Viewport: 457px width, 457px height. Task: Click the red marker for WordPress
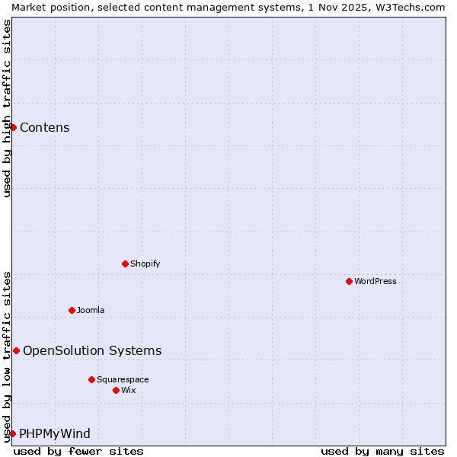click(x=349, y=281)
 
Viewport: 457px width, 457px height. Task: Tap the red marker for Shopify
click(x=125, y=264)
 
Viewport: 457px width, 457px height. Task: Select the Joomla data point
click(x=72, y=310)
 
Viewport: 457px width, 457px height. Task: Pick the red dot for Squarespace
click(x=91, y=379)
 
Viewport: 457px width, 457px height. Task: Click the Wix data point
click(x=116, y=390)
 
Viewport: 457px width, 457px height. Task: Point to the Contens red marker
click(x=13, y=127)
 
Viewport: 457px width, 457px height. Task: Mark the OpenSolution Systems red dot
click(x=16, y=350)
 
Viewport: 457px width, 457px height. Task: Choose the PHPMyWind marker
click(x=12, y=433)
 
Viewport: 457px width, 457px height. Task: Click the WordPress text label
click(x=376, y=281)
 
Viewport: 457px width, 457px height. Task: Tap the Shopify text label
click(x=145, y=264)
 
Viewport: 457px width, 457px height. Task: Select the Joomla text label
click(x=91, y=310)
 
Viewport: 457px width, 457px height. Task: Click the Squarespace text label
click(x=123, y=379)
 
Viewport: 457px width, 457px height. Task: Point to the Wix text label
click(x=129, y=390)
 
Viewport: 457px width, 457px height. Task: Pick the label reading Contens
click(x=45, y=127)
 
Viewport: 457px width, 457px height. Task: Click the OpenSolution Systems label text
click(x=92, y=350)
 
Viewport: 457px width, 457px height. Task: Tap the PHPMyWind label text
click(x=55, y=433)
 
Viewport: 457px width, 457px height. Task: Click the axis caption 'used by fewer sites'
click(x=78, y=451)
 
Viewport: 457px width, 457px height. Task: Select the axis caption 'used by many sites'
click(x=382, y=451)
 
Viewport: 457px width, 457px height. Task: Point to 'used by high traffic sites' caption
click(x=7, y=108)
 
